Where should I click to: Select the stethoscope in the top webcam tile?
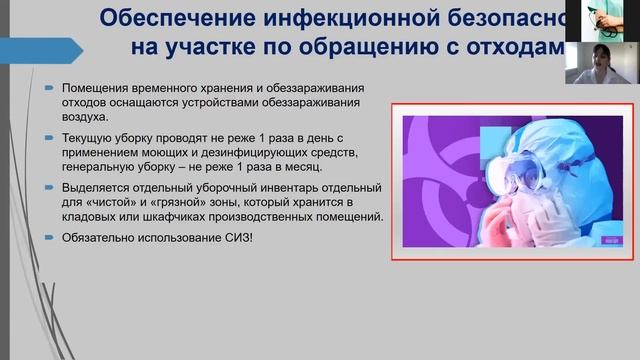597,14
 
